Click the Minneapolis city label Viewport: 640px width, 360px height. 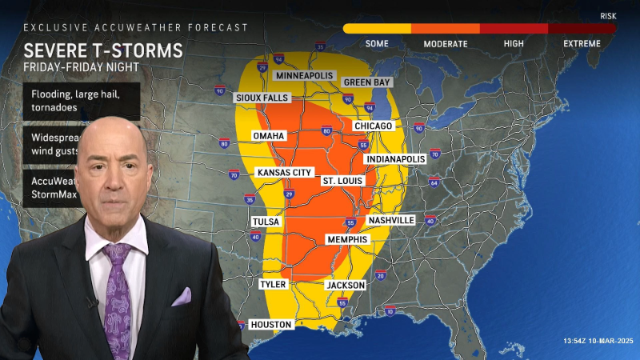(304, 75)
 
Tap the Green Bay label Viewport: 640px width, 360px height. (367, 82)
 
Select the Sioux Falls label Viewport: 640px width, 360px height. (261, 98)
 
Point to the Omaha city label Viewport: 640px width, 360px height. (269, 136)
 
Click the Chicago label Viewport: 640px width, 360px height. (374, 126)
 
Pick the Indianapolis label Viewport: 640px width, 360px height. (395, 159)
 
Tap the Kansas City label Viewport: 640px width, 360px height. (283, 173)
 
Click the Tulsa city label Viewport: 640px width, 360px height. (266, 222)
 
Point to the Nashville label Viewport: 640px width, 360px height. (391, 220)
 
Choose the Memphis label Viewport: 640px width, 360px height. (347, 239)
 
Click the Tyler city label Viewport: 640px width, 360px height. (273, 284)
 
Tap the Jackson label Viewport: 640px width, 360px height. (346, 285)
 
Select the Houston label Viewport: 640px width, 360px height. (271, 324)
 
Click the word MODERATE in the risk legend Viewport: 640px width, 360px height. (446, 43)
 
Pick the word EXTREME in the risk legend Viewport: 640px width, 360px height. (582, 43)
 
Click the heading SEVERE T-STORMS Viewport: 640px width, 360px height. (102, 50)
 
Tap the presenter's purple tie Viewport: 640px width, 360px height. (118, 296)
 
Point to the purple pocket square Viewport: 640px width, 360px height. (182, 297)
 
